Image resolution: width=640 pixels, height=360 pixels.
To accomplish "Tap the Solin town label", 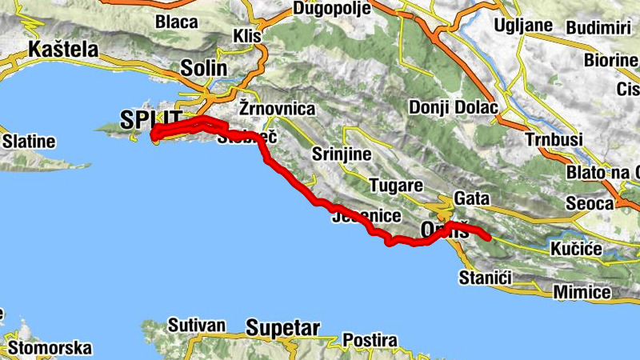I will [x=204, y=68].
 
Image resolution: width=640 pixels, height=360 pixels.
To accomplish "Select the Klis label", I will [x=246, y=36].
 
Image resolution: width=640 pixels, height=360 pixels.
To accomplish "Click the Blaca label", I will [x=178, y=21].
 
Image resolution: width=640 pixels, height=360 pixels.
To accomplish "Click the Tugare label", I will [x=396, y=185].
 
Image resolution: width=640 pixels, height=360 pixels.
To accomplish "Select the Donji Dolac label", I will [x=453, y=107].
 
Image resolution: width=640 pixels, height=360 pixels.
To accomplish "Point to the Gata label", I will [x=470, y=198].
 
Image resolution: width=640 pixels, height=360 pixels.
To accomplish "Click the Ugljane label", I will [x=524, y=25].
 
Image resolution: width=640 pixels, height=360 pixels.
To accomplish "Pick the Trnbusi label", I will [x=552, y=138].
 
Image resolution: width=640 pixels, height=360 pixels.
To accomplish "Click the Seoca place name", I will [x=589, y=204].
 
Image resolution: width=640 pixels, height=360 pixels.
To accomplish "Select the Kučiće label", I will [x=576, y=250].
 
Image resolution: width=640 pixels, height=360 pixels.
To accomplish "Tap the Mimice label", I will [x=582, y=292].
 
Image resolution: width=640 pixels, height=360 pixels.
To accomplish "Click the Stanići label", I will [x=485, y=278].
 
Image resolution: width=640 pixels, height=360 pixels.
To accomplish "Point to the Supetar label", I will [x=283, y=328].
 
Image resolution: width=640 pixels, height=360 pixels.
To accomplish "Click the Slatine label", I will [x=29, y=142].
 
